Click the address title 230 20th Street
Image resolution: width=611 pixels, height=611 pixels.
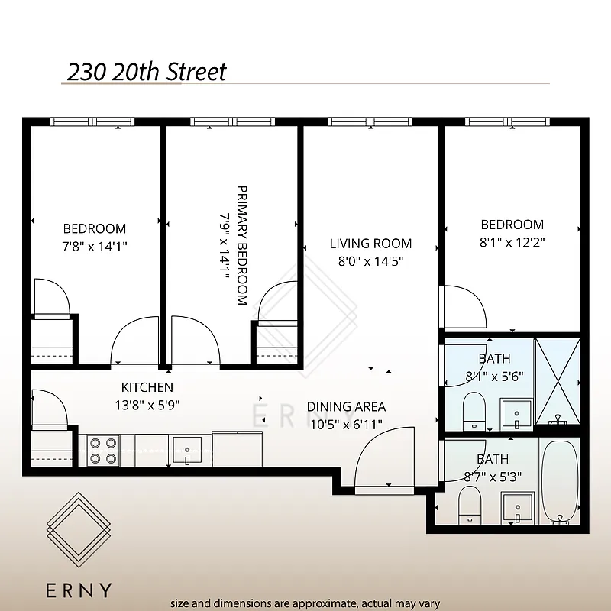pos(147,72)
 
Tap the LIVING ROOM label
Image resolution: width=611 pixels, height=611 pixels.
pos(370,244)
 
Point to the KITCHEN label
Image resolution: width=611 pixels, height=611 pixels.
pos(147,387)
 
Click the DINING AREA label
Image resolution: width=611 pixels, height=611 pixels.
pos(346,406)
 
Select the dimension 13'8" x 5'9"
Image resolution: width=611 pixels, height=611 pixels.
pos(147,405)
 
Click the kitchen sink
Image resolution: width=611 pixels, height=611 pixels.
pos(187,450)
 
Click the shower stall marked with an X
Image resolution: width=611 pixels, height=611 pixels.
pos(558,380)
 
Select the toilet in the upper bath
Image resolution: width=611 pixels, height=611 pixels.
pos(474,410)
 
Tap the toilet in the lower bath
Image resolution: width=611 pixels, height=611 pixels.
pos(469,506)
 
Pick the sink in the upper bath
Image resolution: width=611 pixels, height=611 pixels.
pos(517,413)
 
